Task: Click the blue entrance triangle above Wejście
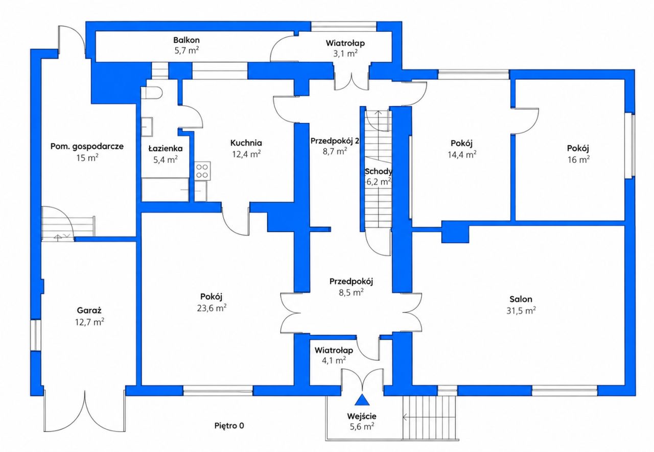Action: tap(362, 400)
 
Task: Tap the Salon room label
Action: tap(521, 299)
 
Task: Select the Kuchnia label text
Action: tap(246, 143)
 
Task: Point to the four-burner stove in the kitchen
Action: tap(202, 171)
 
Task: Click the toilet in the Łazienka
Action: tap(152, 93)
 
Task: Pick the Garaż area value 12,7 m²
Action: tap(89, 322)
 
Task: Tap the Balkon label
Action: tap(186, 40)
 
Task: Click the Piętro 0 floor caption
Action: tap(229, 426)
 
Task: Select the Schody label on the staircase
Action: tap(379, 171)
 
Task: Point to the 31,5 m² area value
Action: tap(521, 311)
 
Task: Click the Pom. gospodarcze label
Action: tap(87, 147)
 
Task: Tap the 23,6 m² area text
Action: tap(212, 308)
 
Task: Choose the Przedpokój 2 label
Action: tap(335, 141)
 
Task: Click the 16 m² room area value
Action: tap(578, 160)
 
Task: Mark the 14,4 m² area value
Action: tap(462, 154)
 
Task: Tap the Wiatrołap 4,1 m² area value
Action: tap(334, 361)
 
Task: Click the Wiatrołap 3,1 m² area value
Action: tap(345, 54)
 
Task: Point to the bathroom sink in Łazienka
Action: tap(147, 127)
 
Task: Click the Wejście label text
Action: tap(362, 416)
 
